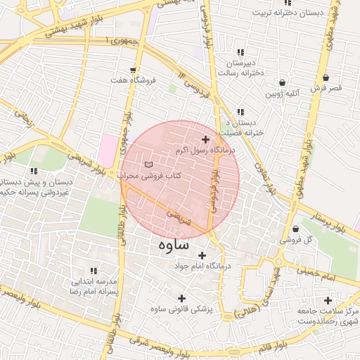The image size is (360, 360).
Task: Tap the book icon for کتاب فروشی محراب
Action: point(148,165)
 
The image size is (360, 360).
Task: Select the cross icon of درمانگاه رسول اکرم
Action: point(205,140)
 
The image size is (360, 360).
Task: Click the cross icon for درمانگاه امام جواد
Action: point(202,255)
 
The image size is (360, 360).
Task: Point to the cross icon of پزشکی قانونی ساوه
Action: point(183,298)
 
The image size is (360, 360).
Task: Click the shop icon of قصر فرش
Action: point(326,77)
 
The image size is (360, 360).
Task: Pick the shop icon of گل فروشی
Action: point(295,229)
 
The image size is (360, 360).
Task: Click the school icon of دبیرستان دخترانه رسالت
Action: point(241,52)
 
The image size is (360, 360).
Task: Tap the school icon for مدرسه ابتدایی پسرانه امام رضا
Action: point(94,271)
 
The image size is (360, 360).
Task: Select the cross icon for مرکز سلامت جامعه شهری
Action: point(328,300)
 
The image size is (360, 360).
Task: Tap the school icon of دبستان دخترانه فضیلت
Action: point(241,112)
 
